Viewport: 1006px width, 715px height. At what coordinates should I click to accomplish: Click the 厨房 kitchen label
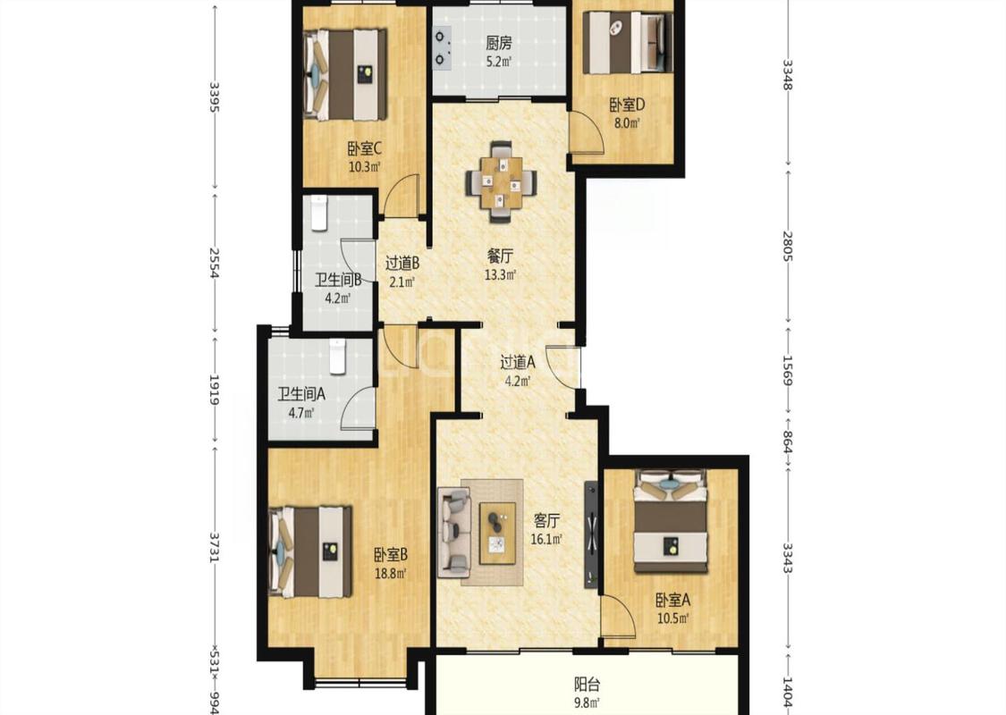coord(498,44)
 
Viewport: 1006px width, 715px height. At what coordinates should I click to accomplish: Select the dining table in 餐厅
coord(501,181)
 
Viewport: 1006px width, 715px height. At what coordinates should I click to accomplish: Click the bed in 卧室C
coord(344,74)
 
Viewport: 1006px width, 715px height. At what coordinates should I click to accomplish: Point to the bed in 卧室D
coord(628,42)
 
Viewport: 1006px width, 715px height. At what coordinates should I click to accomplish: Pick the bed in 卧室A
coord(671,521)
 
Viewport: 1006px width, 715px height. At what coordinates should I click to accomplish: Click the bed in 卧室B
coord(310,551)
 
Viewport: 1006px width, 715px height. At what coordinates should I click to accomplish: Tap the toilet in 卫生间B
coord(319,214)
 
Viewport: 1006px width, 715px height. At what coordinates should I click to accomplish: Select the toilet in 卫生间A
coord(338,357)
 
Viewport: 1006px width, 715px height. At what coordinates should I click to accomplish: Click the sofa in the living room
coord(454,530)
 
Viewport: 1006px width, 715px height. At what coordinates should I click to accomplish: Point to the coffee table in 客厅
coord(498,534)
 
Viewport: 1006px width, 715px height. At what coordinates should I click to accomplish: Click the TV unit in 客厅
coord(591,534)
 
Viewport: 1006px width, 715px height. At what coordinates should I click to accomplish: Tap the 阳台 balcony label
coord(587,685)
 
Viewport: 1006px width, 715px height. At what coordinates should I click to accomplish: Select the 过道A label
coord(518,363)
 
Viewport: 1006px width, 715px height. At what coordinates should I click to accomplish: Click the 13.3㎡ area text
coord(501,275)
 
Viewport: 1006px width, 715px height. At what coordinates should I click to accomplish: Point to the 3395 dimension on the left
coord(214,97)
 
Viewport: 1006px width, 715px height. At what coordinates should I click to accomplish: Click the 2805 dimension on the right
coord(789,247)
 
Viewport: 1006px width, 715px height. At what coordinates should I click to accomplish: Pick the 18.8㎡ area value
coord(391,573)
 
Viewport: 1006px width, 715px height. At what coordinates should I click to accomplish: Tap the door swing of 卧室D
coord(587,133)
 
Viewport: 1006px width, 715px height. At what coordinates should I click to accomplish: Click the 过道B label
coord(402,263)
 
